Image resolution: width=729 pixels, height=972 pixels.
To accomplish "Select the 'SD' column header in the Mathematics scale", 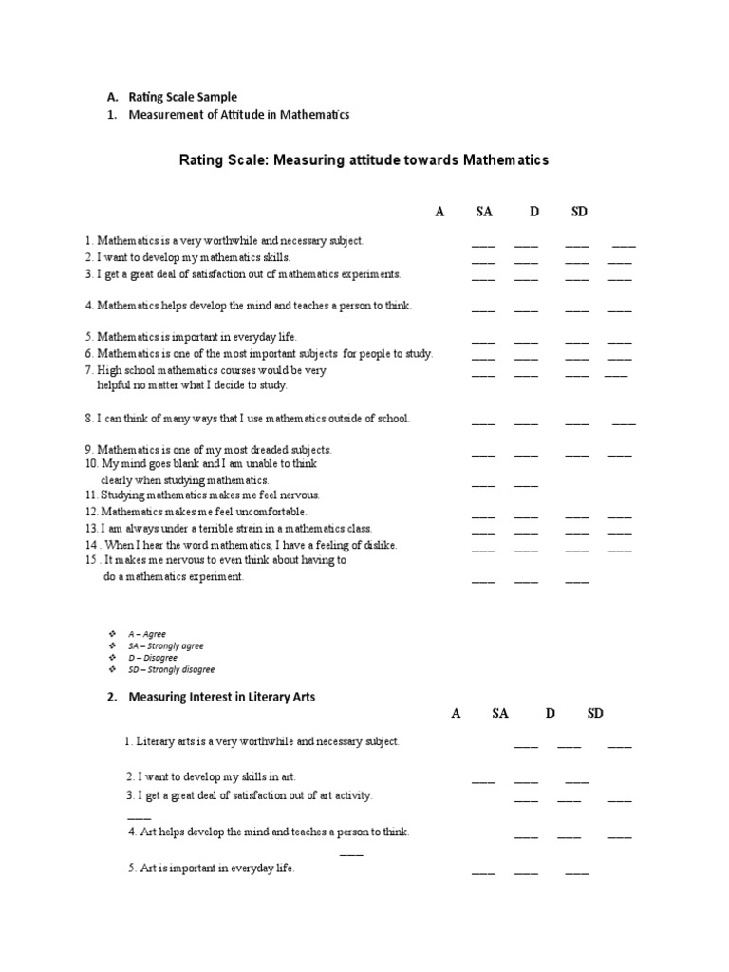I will [x=579, y=212].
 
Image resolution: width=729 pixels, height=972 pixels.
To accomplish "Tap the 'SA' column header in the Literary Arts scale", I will [x=500, y=714].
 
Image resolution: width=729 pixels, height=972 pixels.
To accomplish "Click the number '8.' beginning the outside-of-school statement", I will [x=88, y=419].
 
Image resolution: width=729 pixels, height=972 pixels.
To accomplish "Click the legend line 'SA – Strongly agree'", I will [x=165, y=645].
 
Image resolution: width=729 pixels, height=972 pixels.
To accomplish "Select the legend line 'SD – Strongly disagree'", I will [x=171, y=669].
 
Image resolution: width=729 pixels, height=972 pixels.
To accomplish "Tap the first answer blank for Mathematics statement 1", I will [x=483, y=245].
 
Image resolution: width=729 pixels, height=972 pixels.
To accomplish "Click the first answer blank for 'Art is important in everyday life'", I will [x=483, y=872].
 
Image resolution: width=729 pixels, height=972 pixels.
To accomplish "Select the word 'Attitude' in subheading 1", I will [x=245, y=115].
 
